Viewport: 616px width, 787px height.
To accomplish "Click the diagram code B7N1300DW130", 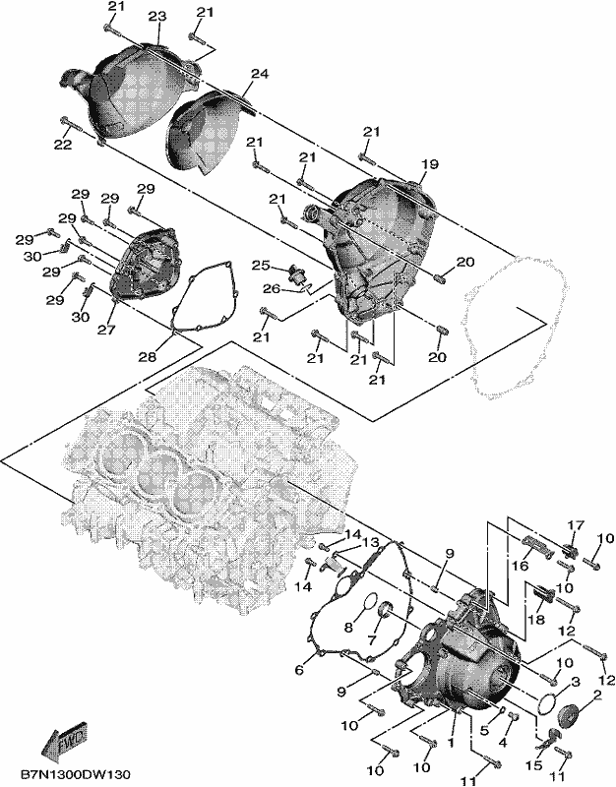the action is tap(76, 775).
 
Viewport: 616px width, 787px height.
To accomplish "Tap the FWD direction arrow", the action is tap(65, 737).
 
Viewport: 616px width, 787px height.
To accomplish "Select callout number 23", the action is tap(156, 17).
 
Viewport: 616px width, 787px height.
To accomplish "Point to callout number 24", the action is tap(260, 74).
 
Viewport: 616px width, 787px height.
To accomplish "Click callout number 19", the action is tap(430, 164).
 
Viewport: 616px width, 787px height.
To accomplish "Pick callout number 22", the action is tap(64, 145).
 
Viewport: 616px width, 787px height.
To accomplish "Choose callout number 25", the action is tap(261, 265).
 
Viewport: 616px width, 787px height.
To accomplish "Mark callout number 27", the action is tap(106, 330).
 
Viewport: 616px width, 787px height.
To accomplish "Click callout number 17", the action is tap(577, 525).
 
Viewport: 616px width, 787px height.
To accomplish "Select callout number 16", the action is tap(521, 567).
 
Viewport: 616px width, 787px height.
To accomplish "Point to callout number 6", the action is tap(300, 670).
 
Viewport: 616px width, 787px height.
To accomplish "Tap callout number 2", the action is tap(597, 696).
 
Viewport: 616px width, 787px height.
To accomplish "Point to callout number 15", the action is tap(534, 765).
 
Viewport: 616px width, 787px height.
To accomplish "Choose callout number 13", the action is tap(372, 543).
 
